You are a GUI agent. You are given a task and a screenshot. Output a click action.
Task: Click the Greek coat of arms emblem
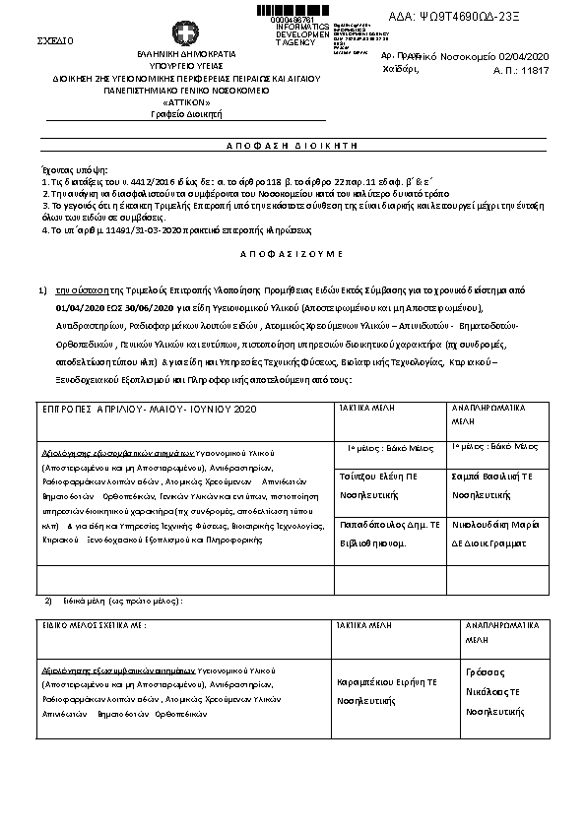click(183, 32)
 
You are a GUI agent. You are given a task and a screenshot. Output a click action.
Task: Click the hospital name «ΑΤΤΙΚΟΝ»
click(185, 101)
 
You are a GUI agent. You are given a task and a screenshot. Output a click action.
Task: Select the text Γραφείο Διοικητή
click(185, 114)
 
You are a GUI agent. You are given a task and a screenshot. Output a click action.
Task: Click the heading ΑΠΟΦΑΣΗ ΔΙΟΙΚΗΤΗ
click(291, 144)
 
